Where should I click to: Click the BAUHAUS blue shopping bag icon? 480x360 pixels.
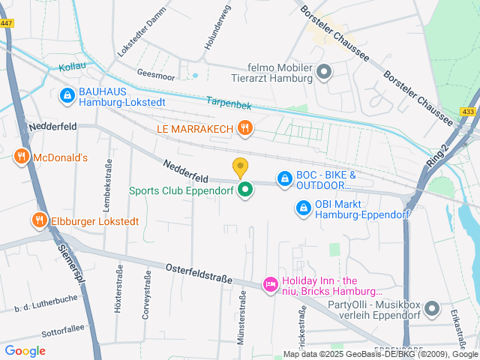tap(66, 94)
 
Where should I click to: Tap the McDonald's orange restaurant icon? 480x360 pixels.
tap(21, 157)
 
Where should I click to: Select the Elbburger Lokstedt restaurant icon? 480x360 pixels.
tap(37, 220)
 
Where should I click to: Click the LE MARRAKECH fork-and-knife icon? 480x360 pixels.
tap(244, 128)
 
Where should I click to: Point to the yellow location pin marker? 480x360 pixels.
tap(240, 167)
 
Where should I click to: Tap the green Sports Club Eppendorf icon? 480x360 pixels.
tap(244, 190)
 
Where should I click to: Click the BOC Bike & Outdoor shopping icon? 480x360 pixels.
tap(284, 178)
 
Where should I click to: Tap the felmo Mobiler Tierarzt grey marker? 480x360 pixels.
tap(324, 72)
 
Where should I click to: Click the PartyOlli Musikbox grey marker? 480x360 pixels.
tap(431, 308)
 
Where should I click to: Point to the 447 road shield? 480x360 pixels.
tap(7, 24)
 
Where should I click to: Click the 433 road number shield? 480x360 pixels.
tap(468, 112)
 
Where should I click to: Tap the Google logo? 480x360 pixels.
tap(25, 350)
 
